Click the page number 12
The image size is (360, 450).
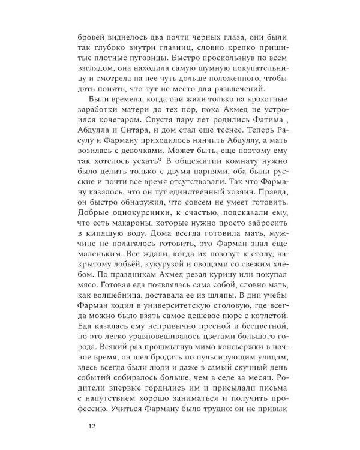point(91,427)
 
